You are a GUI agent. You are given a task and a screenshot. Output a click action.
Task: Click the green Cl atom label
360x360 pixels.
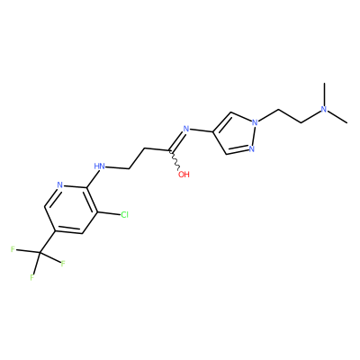124,215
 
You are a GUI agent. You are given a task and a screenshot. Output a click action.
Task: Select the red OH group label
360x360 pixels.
184,174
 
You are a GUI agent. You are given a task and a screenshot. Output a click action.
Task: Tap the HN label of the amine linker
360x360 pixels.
99,166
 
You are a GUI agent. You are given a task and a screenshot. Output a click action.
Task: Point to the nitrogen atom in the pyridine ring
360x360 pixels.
59,184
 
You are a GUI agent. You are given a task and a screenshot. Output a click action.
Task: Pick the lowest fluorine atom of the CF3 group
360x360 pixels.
32,278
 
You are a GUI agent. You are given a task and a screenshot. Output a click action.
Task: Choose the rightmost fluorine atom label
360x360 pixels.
63,264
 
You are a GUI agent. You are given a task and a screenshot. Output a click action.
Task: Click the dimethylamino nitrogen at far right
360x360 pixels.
324,109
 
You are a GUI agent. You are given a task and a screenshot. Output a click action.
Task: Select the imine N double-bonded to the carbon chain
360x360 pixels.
186,130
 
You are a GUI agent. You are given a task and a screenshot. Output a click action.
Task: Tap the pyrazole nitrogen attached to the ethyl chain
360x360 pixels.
255,122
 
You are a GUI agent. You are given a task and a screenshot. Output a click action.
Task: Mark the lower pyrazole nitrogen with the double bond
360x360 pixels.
251,148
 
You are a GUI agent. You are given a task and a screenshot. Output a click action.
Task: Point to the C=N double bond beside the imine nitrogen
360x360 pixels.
177,141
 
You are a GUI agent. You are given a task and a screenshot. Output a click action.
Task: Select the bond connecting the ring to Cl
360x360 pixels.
109,213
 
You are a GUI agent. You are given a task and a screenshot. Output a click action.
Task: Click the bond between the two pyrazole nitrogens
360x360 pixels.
253,136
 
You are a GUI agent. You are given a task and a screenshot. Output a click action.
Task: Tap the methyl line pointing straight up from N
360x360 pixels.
324,94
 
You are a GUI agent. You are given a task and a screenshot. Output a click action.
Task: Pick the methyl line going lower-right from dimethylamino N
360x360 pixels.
337,117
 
